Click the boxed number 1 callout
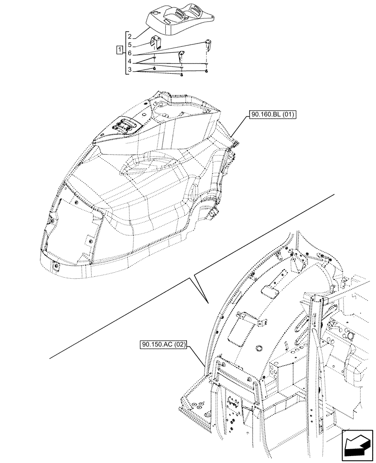[120, 49]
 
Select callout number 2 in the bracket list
[130, 36]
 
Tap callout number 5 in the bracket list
[130, 45]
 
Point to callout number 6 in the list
[130, 53]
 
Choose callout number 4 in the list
[130, 62]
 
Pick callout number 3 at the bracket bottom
[130, 70]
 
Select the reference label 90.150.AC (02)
[162, 344]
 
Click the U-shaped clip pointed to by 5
[156, 43]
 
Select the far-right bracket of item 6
[208, 44]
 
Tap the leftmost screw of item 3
[154, 69]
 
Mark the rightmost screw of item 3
[207, 72]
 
